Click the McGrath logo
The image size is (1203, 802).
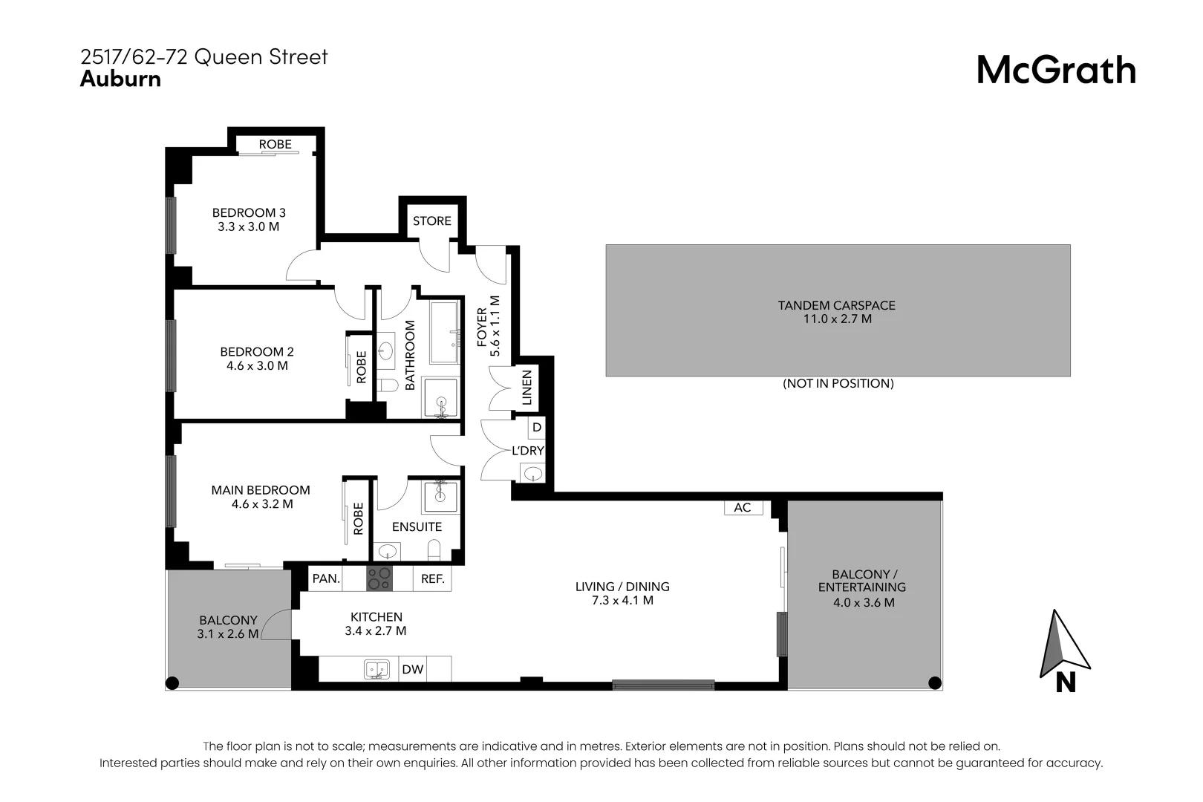(x=1055, y=71)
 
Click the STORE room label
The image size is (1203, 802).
(x=431, y=221)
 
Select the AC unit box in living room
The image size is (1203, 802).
(x=743, y=507)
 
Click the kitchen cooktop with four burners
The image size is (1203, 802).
(x=379, y=578)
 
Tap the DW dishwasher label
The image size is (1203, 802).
(x=412, y=669)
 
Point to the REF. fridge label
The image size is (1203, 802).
(x=432, y=578)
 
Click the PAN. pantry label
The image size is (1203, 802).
(x=326, y=578)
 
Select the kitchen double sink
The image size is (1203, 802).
(x=376, y=669)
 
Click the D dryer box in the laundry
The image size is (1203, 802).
(x=536, y=428)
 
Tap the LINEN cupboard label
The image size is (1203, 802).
(x=527, y=388)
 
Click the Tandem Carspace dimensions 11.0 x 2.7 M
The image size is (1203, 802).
(x=836, y=319)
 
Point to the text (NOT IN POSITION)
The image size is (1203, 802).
(x=838, y=383)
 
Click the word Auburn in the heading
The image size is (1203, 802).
(x=120, y=79)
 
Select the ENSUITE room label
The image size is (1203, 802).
(x=417, y=526)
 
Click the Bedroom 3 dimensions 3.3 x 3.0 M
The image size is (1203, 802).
(x=248, y=226)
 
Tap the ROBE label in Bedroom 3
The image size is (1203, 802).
(x=275, y=144)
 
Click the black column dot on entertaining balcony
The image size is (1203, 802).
(x=934, y=682)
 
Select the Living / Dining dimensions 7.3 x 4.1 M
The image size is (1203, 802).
(x=622, y=600)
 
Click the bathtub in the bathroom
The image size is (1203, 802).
(x=445, y=332)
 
